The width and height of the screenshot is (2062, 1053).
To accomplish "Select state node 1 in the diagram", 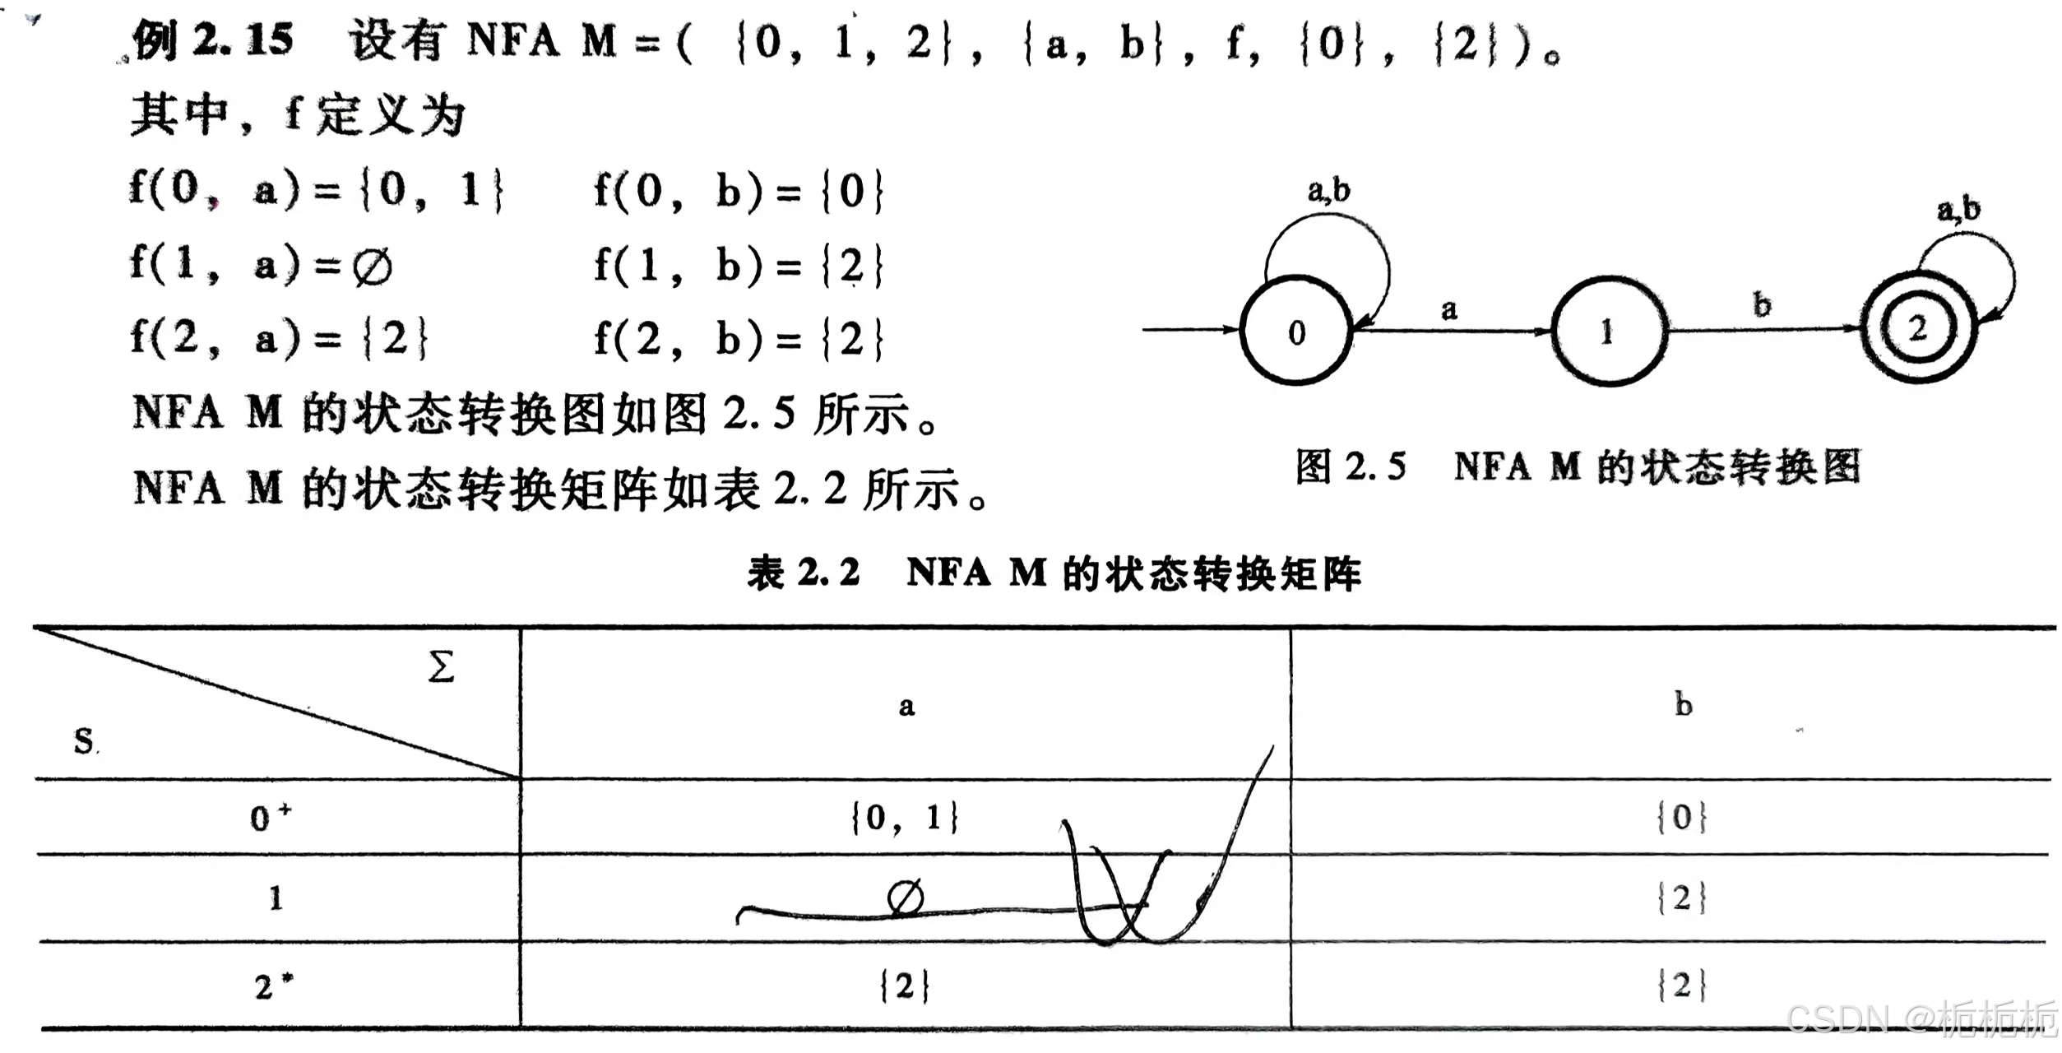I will [1608, 331].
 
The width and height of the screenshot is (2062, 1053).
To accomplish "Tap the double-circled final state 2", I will [1919, 329].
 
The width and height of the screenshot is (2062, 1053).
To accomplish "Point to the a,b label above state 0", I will [1328, 191].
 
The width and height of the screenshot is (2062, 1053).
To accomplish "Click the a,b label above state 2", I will [1958, 210].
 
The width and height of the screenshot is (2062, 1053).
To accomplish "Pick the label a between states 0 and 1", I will [1449, 310].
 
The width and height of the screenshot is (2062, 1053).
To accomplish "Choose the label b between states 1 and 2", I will [1762, 305].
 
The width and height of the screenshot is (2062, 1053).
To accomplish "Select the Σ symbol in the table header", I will [441, 666].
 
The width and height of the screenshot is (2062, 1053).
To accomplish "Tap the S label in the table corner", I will [84, 741].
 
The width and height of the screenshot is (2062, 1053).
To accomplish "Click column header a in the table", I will [906, 706].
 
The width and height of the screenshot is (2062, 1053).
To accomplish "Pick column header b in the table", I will [1684, 704].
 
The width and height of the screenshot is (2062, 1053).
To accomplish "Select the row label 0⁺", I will [270, 817].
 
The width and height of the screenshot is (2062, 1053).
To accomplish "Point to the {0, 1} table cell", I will [905, 818].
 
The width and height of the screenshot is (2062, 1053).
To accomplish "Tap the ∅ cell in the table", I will [906, 898].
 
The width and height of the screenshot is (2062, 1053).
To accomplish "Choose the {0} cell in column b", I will [1682, 817].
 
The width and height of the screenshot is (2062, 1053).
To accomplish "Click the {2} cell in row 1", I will [1682, 898].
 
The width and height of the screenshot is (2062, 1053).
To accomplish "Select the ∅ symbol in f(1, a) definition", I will [373, 267].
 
